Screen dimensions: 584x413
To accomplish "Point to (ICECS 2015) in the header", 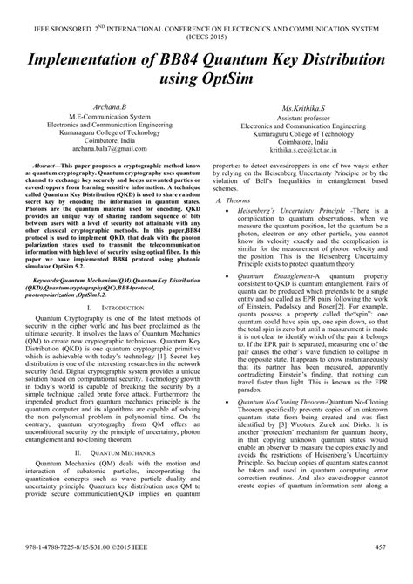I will (206, 21).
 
